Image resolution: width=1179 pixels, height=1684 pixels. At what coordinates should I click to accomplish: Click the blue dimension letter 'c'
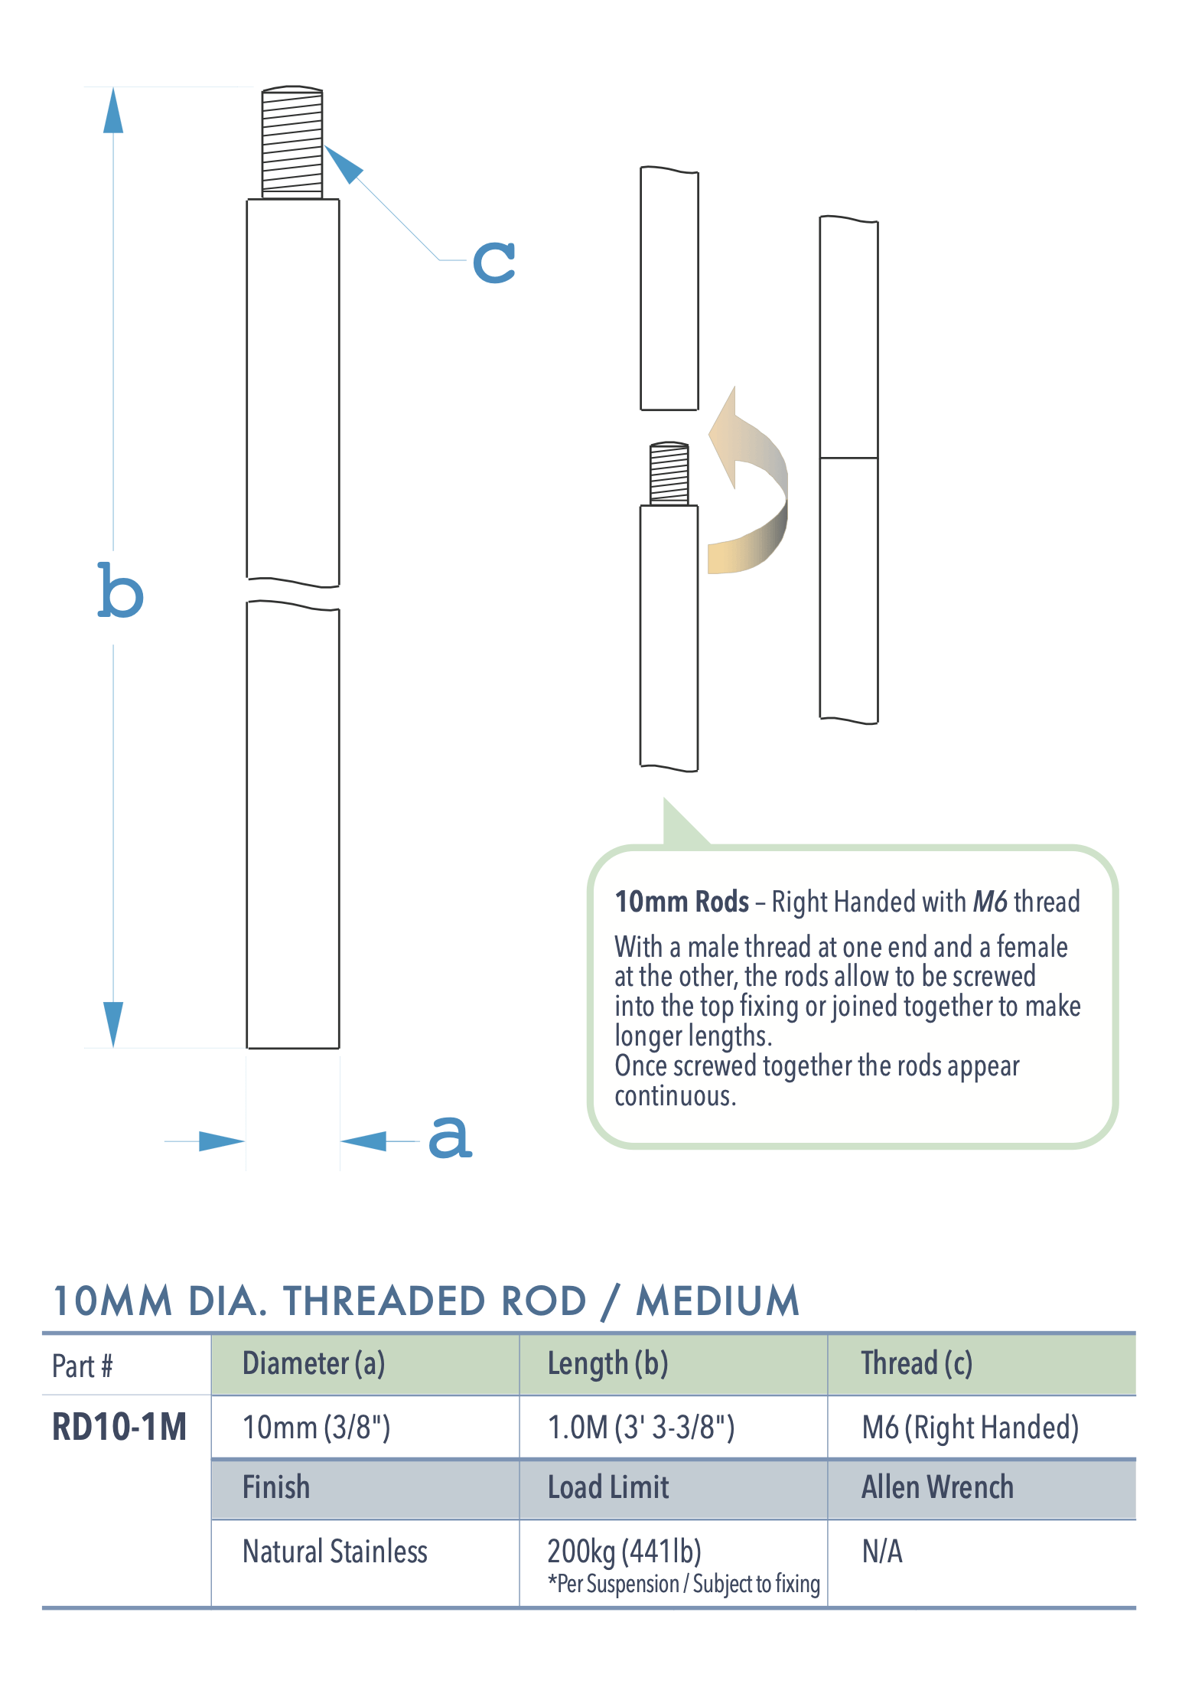point(493,262)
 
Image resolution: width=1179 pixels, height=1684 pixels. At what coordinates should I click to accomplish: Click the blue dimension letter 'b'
point(120,591)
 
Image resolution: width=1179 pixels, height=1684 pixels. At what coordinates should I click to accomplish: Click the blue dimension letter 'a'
point(450,1136)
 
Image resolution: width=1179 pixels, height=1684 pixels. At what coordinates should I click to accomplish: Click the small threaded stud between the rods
point(669,474)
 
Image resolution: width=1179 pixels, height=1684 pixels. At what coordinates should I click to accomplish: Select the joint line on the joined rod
point(848,458)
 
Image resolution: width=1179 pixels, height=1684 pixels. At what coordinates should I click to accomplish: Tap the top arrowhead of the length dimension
point(113,112)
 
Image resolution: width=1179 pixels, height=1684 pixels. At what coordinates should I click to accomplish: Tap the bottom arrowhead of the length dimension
point(113,1023)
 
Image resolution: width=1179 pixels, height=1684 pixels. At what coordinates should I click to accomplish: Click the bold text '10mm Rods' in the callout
point(682,902)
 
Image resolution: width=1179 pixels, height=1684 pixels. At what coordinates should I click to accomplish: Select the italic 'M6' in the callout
point(990,902)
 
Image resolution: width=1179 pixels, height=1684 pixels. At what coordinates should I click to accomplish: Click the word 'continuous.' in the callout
point(675,1096)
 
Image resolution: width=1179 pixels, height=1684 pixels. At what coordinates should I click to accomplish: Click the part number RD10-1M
point(119,1427)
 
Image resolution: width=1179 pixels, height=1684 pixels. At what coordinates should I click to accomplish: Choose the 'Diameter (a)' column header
point(314,1364)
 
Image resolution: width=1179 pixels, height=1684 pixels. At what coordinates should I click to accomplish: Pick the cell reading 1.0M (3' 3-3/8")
point(641,1428)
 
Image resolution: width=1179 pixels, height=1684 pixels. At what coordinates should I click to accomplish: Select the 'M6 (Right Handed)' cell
point(970,1428)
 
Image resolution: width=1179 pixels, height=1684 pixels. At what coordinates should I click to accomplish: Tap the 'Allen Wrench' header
point(937,1487)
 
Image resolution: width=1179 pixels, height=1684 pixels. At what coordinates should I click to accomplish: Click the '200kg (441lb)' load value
point(624,1552)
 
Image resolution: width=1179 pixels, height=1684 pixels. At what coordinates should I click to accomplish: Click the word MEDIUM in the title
point(718,1301)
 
